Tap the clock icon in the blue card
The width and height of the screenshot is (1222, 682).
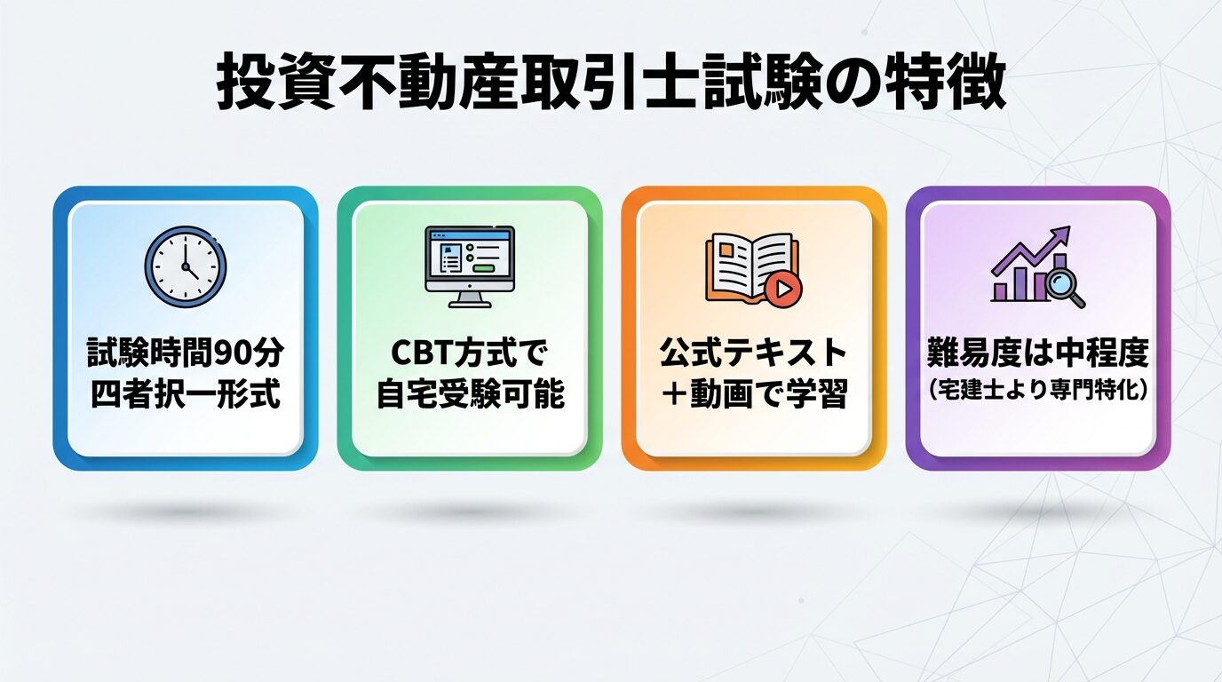point(185,266)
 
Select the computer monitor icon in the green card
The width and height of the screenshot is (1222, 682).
point(469,266)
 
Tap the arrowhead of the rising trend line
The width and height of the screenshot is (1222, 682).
point(1062,235)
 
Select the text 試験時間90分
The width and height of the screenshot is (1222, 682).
point(185,354)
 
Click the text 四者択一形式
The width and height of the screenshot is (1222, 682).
point(185,393)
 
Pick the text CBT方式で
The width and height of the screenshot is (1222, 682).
point(469,354)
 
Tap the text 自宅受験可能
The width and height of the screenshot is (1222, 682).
point(469,393)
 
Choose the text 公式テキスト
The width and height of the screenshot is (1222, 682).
point(752,354)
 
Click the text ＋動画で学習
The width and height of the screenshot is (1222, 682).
point(752,393)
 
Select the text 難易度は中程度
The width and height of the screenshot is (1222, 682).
point(1036,354)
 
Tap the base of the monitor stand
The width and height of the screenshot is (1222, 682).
point(469,304)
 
